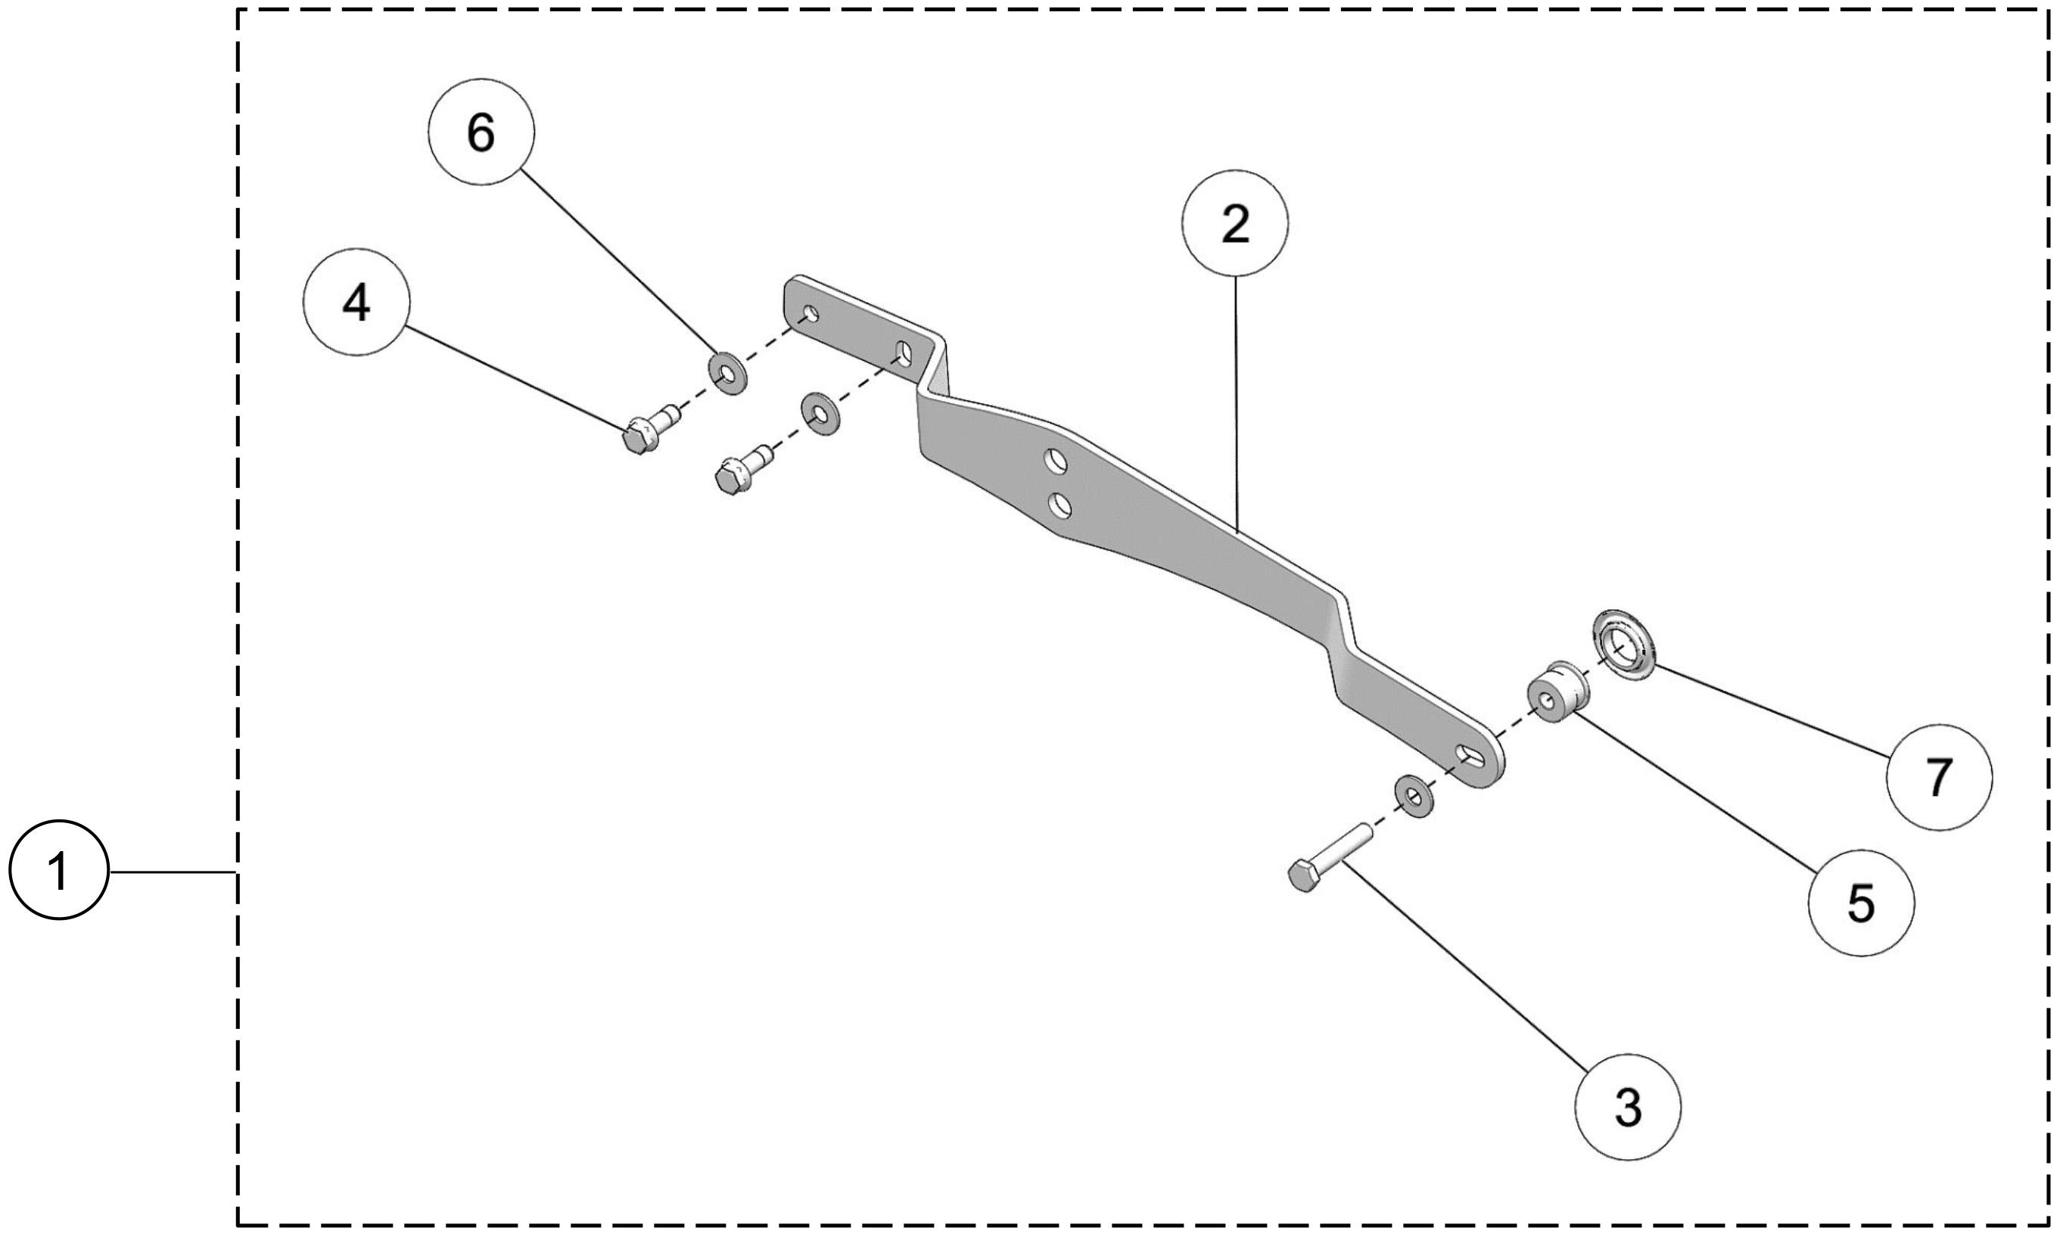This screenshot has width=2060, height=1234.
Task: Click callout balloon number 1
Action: pos(58,871)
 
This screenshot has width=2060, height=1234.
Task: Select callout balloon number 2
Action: pos(1234,223)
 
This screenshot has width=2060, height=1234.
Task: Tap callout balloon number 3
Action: pos(1628,1107)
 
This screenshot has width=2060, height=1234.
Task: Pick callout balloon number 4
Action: pos(356,302)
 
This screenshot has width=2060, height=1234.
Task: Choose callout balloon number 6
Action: pos(481,132)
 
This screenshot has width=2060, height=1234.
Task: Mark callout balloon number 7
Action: pos(1939,778)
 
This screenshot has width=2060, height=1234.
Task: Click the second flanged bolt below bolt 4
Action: pos(740,471)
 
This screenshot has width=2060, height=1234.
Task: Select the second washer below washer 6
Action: pos(819,414)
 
